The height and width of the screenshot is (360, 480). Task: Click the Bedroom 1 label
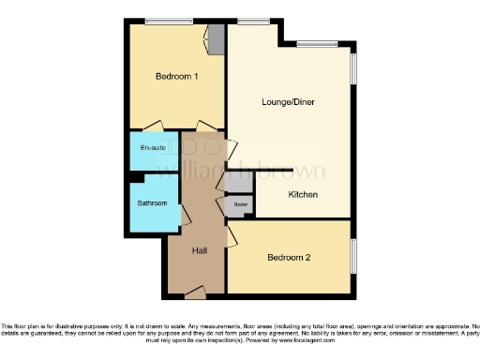pyautogui.click(x=175, y=77)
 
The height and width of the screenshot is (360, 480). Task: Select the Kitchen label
pyautogui.click(x=303, y=195)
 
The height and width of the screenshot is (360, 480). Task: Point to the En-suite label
pyautogui.click(x=151, y=149)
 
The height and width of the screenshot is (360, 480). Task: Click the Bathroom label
pyautogui.click(x=152, y=203)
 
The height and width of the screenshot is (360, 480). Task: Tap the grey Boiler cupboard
pyautogui.click(x=240, y=204)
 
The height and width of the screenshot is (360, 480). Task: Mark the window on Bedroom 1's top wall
pyautogui.click(x=168, y=21)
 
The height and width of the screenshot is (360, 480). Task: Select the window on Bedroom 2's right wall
pyautogui.click(x=353, y=257)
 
